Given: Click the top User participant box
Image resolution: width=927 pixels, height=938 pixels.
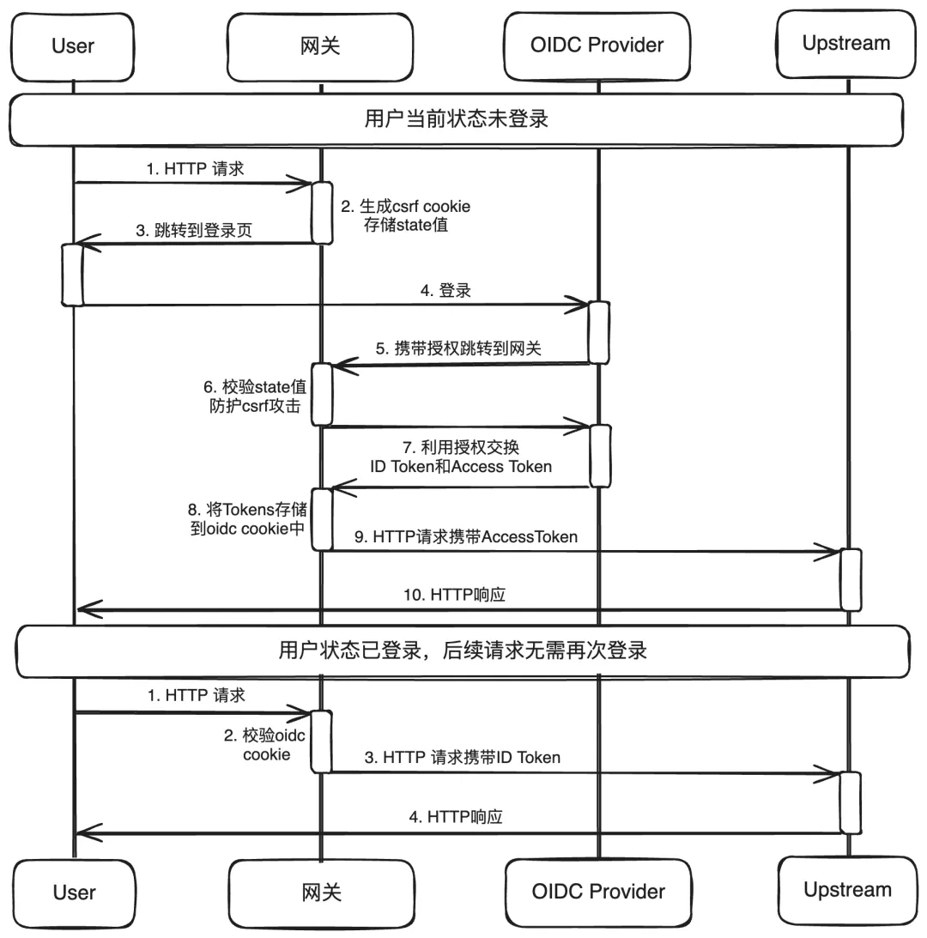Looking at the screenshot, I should tap(73, 45).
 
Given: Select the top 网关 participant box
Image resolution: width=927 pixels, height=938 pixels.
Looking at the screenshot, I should tap(321, 45).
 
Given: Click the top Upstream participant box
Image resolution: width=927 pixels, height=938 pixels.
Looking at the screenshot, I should tap(846, 43).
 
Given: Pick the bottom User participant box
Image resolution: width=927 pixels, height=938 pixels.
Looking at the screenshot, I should tap(73, 892).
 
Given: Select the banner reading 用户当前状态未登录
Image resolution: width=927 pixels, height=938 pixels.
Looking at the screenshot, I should tap(456, 119).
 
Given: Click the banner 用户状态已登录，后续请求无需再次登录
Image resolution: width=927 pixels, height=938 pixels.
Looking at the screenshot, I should tap(462, 651).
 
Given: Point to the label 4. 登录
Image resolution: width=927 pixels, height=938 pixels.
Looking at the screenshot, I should tap(445, 290).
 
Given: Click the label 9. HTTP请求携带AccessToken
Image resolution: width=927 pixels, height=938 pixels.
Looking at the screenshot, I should tap(466, 536).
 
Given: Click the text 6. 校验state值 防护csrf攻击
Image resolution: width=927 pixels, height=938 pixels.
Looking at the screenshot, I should tap(256, 396).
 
